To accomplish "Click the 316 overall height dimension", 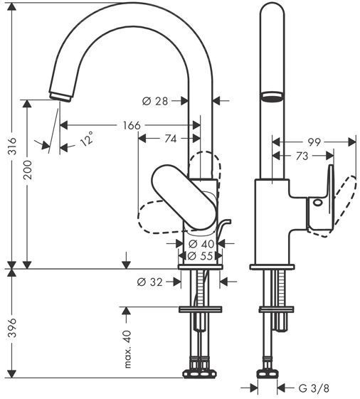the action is tap(11, 146).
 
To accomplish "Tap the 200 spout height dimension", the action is tap(28, 170).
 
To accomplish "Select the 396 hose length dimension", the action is tap(11, 328).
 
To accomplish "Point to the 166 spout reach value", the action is tap(132, 125).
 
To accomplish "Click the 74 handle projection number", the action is tap(170, 139).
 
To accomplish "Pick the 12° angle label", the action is tap(87, 139).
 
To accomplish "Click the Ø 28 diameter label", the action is tap(155, 101).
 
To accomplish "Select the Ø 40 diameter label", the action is tap(201, 244).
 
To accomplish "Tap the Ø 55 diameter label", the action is tap(200, 256).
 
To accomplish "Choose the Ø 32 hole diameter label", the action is tap(149, 282).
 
